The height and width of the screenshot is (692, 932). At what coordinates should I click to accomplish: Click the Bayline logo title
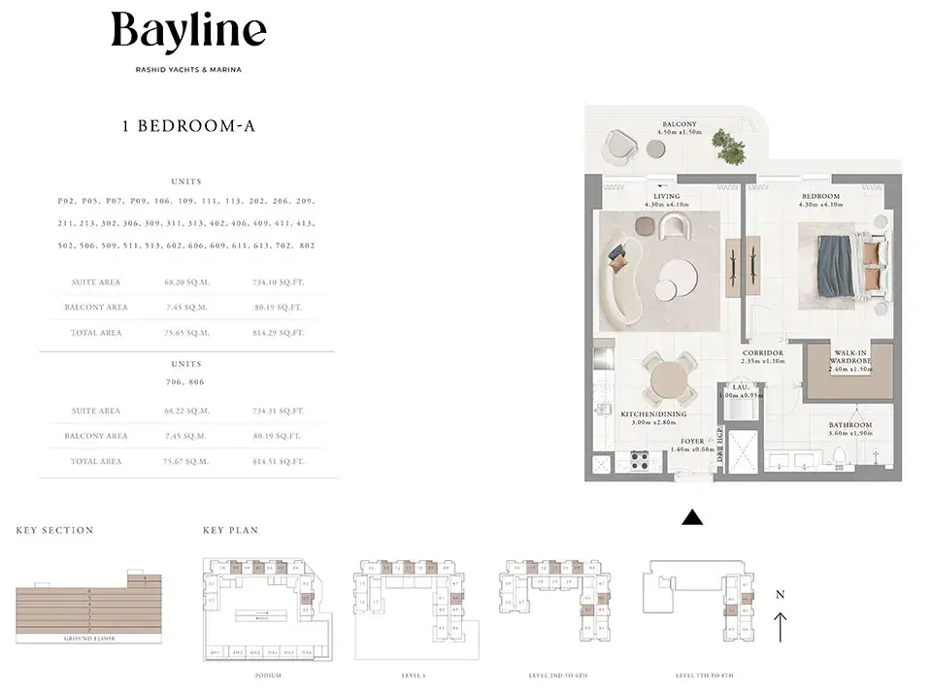[x=188, y=32]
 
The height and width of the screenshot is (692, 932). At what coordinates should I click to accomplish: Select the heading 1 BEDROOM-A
[x=188, y=126]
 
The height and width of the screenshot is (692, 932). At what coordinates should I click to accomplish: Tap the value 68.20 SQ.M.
[x=186, y=282]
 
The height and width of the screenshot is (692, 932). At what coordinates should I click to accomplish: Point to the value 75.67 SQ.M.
[x=186, y=461]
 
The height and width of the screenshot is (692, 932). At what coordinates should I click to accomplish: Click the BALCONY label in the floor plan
[x=679, y=125]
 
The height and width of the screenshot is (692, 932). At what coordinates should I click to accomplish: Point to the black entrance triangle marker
[x=691, y=518]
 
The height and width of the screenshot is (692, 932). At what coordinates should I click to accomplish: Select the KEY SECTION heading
[x=54, y=531]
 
